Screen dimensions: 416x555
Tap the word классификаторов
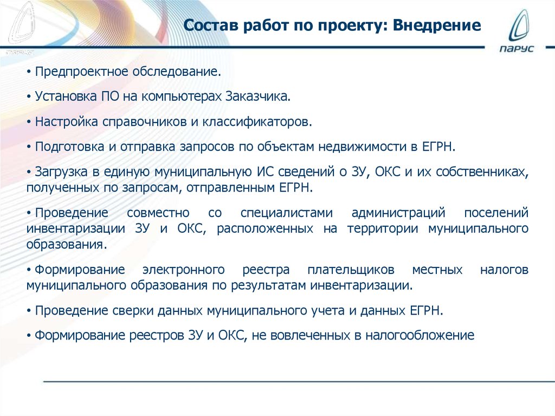(257, 121)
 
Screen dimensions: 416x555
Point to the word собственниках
(481, 171)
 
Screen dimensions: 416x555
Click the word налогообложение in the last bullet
(420, 335)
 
